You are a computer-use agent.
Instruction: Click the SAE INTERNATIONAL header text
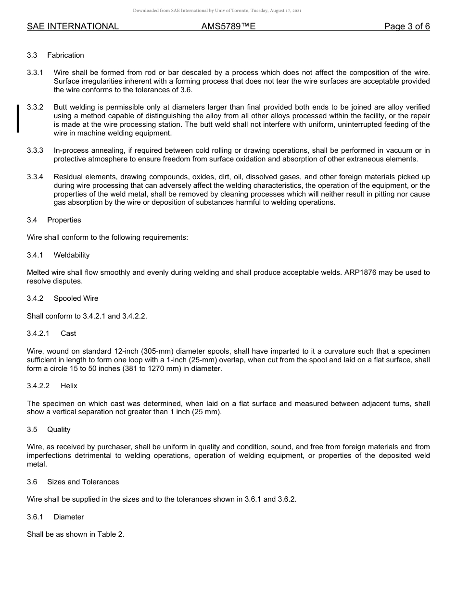73,27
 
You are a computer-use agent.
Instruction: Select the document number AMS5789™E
228,27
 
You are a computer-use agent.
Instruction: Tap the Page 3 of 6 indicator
406,27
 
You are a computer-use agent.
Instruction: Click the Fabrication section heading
65,55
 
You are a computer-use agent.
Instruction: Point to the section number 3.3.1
35,73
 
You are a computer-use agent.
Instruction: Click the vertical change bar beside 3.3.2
18,118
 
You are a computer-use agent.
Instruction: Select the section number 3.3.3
35,151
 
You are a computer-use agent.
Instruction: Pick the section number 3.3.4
35,177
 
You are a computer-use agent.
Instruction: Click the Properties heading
64,220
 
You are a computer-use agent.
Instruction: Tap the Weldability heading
72,255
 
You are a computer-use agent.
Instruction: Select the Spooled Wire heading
76,298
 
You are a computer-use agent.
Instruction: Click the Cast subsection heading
68,333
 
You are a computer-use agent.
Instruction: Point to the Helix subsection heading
69,386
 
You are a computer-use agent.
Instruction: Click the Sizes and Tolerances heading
83,482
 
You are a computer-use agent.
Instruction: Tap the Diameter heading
69,517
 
